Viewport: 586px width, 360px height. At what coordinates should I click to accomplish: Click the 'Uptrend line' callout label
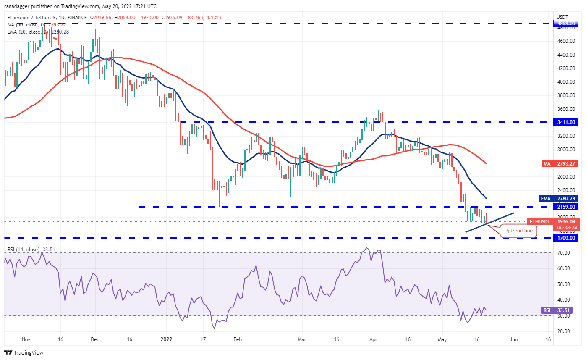click(518, 231)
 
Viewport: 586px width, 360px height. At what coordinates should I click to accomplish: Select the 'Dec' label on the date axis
click(94, 339)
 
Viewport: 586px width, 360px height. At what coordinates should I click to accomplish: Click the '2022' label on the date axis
click(167, 339)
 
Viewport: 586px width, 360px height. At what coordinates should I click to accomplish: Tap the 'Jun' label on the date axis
click(513, 339)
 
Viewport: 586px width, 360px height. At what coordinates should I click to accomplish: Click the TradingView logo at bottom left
click(24, 352)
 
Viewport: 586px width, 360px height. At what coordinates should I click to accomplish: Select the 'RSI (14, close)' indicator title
click(25, 250)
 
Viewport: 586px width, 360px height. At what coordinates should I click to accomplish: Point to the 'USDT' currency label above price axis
click(562, 17)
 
